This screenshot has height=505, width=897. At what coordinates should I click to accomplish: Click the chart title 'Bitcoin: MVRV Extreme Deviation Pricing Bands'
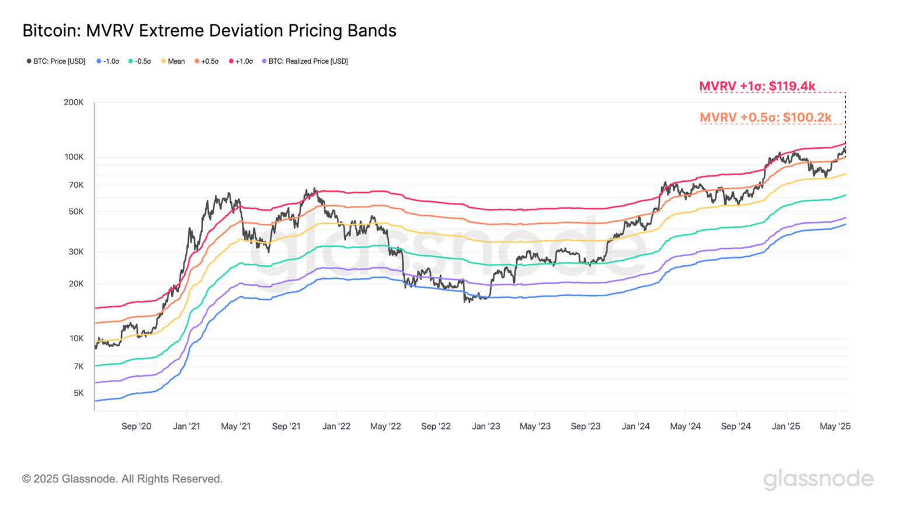pyautogui.click(x=209, y=30)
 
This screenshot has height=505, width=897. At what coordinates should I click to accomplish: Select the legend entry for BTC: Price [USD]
pyautogui.click(x=56, y=61)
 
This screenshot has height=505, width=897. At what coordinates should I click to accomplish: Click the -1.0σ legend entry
pyautogui.click(x=108, y=61)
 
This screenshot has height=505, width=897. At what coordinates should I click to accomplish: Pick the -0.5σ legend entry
pyautogui.click(x=140, y=61)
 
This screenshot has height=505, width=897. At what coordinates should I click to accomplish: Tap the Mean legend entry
pyautogui.click(x=173, y=61)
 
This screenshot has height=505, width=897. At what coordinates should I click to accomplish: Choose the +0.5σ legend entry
pyautogui.click(x=207, y=61)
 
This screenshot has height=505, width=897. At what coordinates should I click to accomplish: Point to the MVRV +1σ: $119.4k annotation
pyautogui.click(x=757, y=87)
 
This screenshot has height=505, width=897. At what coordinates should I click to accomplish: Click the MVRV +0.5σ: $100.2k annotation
pyautogui.click(x=765, y=117)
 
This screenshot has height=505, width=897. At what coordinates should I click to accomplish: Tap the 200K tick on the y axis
pyautogui.click(x=74, y=102)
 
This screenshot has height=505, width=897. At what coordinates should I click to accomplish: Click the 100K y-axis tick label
pyautogui.click(x=74, y=157)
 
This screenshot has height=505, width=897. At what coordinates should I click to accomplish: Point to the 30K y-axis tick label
pyautogui.click(x=76, y=252)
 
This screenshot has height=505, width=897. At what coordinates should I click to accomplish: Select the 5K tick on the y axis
pyautogui.click(x=78, y=393)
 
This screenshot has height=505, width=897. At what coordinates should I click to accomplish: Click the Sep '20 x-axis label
pyautogui.click(x=136, y=426)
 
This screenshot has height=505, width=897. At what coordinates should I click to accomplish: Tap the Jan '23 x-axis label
pyautogui.click(x=486, y=426)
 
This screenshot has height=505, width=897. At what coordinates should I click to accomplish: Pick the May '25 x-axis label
pyautogui.click(x=835, y=426)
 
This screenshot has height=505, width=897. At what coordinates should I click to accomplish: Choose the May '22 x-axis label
pyautogui.click(x=385, y=426)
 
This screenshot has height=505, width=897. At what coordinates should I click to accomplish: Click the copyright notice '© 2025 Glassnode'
pyautogui.click(x=123, y=479)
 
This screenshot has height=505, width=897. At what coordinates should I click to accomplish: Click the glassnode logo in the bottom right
pyautogui.click(x=818, y=479)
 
